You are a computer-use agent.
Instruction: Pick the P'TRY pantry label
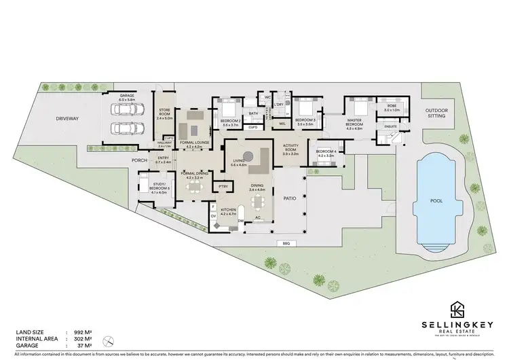pos(221,186)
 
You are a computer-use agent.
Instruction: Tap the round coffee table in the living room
pos(250,154)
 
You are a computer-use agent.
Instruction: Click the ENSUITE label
pos(390,126)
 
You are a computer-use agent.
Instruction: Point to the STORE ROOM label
pos(165,113)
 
